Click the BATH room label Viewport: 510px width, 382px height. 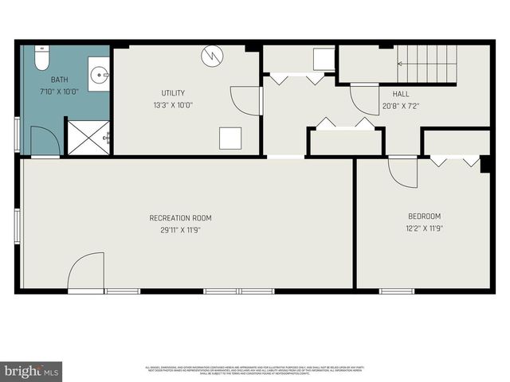[59, 80]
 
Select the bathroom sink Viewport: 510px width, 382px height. [100, 76]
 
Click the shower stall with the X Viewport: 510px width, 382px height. [88, 138]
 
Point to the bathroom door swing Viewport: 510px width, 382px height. [45, 142]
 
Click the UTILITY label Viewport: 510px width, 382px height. [173, 93]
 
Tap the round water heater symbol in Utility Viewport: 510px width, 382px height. [211, 55]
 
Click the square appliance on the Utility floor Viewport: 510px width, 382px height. [230, 138]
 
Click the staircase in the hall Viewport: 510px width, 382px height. [427, 62]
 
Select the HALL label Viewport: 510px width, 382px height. [401, 93]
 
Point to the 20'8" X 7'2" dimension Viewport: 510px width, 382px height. [401, 105]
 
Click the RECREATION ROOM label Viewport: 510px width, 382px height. [181, 217]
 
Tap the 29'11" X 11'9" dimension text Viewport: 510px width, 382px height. [181, 230]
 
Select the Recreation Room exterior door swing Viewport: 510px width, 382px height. [85, 273]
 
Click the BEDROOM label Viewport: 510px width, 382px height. [424, 216]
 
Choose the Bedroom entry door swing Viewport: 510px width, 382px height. [403, 172]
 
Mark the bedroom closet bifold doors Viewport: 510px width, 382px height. [455, 161]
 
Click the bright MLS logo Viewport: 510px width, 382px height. [32, 371]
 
